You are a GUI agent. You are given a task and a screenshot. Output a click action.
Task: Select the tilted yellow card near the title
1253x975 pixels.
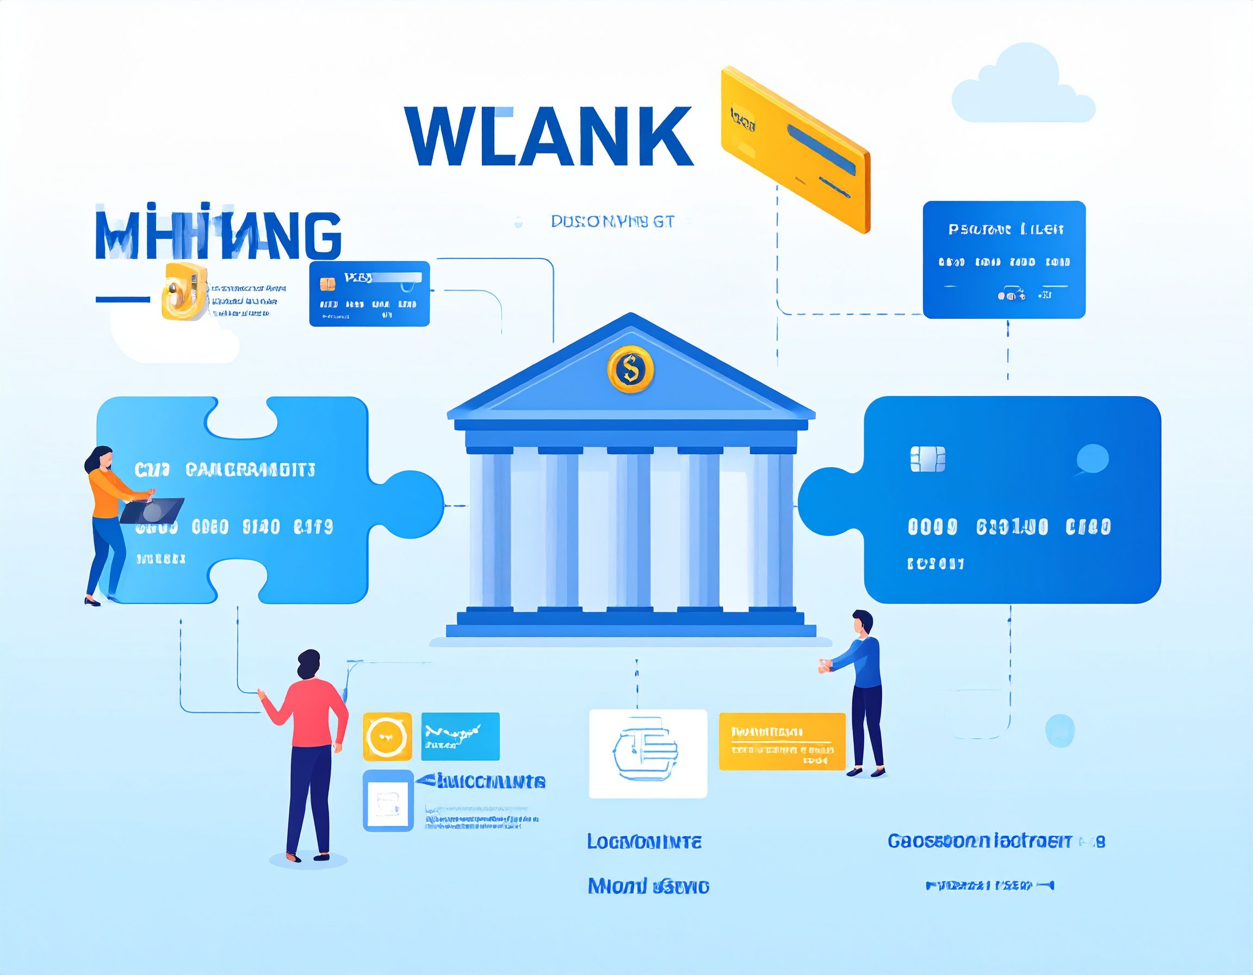tap(795, 149)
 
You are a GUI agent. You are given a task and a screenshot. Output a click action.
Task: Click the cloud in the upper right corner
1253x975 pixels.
tap(1022, 87)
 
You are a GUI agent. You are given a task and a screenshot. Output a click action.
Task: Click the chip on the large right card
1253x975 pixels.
tap(928, 459)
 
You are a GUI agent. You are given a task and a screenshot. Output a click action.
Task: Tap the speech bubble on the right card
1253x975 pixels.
tap(1092, 459)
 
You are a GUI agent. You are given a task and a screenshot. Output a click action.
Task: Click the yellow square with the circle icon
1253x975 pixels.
tap(387, 736)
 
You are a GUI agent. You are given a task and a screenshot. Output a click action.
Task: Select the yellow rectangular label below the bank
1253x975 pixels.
tap(781, 741)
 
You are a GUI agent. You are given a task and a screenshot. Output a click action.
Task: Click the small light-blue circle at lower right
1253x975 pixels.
tap(1059, 730)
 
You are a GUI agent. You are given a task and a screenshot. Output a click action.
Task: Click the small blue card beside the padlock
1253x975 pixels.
tap(369, 294)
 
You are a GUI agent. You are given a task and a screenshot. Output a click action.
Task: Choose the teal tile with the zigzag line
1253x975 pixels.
tap(460, 736)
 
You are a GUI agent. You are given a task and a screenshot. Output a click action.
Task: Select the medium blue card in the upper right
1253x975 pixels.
tap(1003, 260)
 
